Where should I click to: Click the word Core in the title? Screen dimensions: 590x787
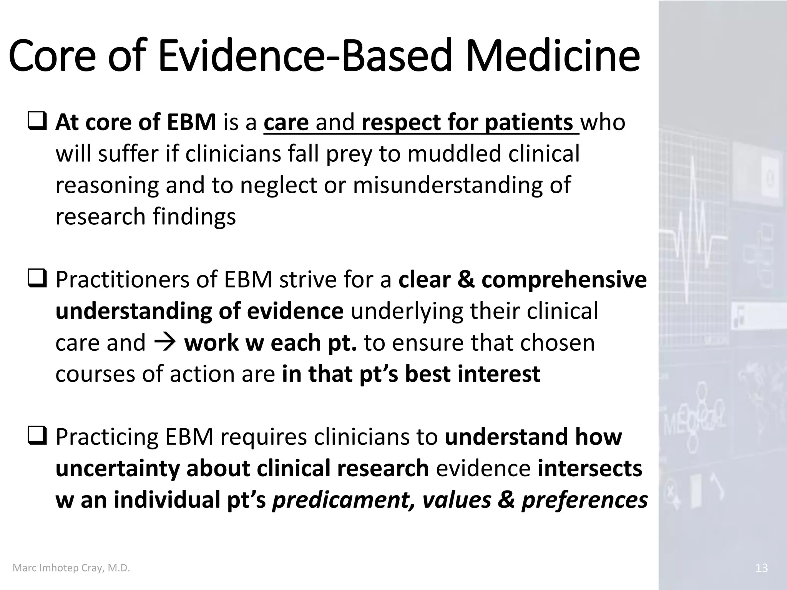click(52, 57)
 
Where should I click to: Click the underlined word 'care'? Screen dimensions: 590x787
click(286, 123)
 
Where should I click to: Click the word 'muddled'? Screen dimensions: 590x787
click(454, 154)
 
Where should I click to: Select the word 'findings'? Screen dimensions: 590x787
click(194, 217)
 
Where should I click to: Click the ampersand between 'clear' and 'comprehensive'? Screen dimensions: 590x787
click(466, 280)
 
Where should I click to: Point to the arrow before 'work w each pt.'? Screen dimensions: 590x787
click(165, 342)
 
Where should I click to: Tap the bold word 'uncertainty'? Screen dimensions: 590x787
click(117, 469)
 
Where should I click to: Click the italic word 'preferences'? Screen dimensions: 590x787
click(584, 500)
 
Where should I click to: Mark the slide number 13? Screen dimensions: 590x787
click(761, 568)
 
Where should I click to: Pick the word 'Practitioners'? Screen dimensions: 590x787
click(123, 280)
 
